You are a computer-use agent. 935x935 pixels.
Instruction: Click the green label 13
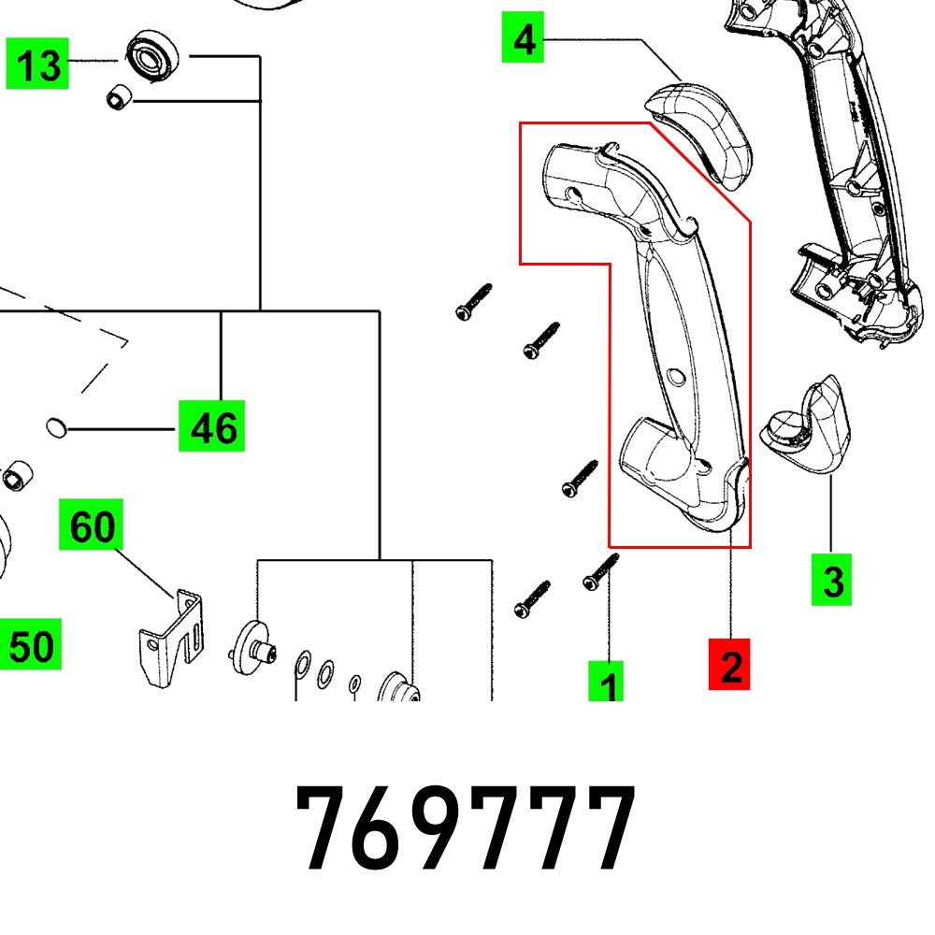[38, 65]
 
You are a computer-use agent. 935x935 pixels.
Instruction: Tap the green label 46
[212, 426]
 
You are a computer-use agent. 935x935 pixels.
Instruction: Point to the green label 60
[92, 527]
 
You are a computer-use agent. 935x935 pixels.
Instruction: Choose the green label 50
[31, 644]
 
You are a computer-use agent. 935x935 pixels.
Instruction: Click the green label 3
[832, 580]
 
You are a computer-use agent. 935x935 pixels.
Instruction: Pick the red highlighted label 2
[730, 665]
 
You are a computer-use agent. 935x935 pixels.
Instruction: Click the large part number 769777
[465, 827]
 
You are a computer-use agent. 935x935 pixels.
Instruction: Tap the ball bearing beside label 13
[149, 55]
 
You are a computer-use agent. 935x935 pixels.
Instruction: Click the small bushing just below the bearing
[118, 93]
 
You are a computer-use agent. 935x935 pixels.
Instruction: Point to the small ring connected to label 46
[56, 428]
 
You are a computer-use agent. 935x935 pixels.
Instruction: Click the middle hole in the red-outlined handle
[675, 376]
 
